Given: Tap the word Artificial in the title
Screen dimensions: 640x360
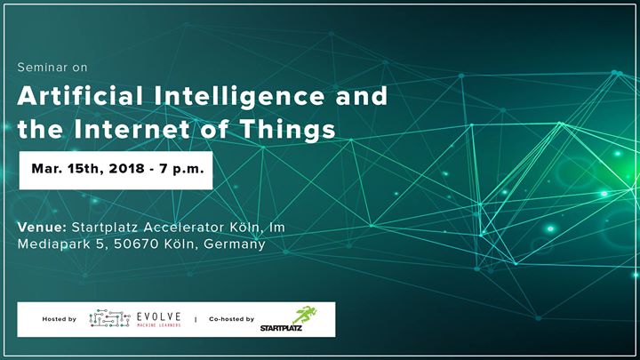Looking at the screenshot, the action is (x=80, y=96).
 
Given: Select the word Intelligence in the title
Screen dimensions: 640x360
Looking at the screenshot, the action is (x=239, y=97).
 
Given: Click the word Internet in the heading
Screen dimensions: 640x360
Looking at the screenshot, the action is (x=132, y=129).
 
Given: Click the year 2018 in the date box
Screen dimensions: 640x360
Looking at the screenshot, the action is (x=126, y=169).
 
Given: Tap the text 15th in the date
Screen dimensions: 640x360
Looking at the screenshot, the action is (x=84, y=169).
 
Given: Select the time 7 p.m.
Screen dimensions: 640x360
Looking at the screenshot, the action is (x=181, y=169).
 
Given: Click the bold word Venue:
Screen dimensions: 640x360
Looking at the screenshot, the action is (x=42, y=227).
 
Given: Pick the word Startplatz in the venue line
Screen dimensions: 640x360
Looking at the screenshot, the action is (x=105, y=227).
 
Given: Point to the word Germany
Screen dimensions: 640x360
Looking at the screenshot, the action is (x=235, y=244).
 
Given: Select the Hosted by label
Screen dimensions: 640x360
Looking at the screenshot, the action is (x=60, y=319).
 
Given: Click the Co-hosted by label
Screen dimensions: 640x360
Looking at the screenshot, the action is (x=231, y=319).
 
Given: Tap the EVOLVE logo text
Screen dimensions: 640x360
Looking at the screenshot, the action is (x=159, y=316).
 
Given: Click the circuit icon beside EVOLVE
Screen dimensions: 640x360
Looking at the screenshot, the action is (x=109, y=318).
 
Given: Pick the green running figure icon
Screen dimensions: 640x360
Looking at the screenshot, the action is (x=305, y=315).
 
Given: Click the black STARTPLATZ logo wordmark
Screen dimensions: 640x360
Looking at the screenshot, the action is (x=281, y=328).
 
